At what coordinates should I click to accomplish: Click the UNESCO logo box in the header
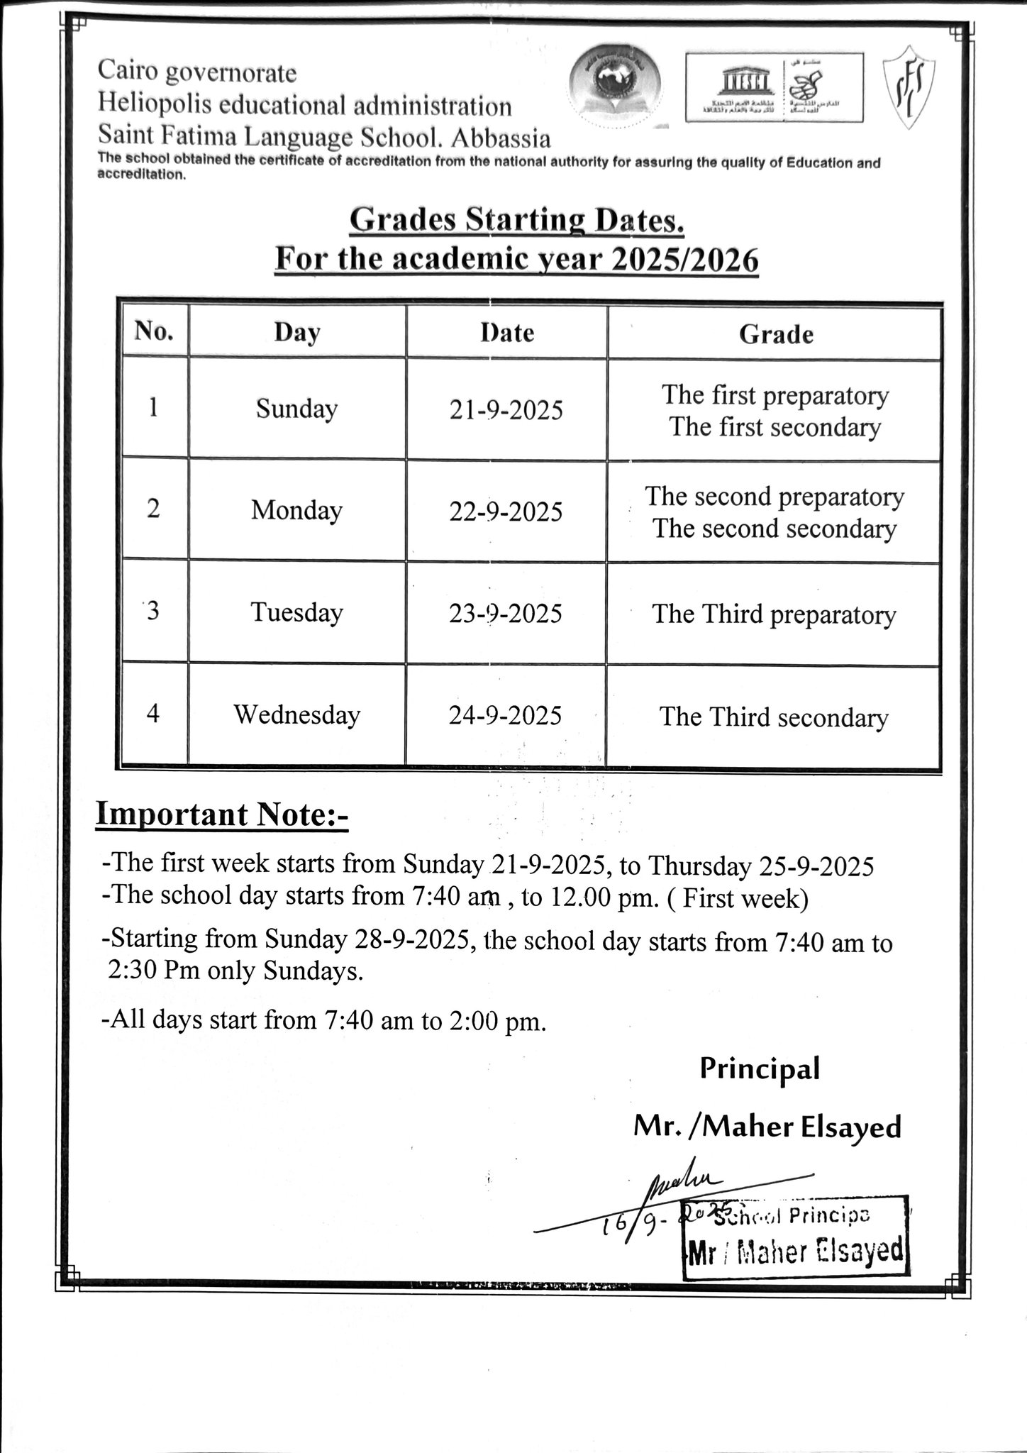[775, 87]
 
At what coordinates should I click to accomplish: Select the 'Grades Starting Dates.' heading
[517, 221]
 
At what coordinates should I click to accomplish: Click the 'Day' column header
[297, 332]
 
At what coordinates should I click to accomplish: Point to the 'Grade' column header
[775, 333]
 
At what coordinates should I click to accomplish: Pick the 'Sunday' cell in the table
[296, 409]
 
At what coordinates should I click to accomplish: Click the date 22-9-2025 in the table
[506, 512]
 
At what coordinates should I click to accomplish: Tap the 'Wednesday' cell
[297, 714]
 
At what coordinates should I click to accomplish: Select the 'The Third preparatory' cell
[774, 614]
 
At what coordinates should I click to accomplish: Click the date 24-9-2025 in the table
[505, 715]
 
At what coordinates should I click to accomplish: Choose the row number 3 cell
[153, 612]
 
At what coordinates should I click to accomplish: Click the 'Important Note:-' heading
[222, 814]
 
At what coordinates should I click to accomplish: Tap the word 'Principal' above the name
[760, 1068]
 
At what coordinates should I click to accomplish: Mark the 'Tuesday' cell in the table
[296, 612]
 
